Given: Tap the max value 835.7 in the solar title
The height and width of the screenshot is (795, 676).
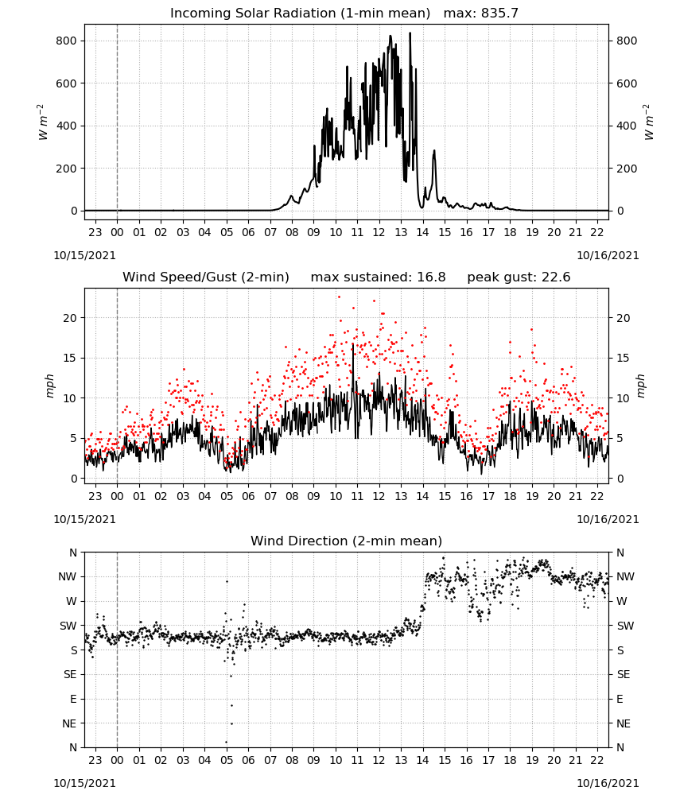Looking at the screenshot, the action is click(x=499, y=13).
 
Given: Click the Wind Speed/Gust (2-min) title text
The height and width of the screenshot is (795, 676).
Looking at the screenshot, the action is click(x=206, y=277).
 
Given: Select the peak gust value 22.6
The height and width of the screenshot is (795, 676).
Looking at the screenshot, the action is click(x=556, y=277).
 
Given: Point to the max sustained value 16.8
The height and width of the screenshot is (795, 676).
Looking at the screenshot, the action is click(x=431, y=277).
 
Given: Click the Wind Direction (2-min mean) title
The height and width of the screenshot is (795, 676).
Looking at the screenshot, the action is click(x=347, y=541).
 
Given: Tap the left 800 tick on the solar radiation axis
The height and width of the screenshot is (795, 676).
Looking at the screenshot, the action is click(x=67, y=41).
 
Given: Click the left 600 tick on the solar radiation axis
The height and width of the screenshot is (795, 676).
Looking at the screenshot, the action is click(x=67, y=83).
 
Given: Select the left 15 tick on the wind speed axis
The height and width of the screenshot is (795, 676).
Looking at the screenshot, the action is click(x=71, y=358).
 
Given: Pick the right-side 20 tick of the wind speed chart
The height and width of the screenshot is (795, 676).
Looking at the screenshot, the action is click(x=624, y=318).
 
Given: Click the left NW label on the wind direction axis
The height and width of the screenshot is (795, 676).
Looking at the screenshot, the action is click(x=68, y=576).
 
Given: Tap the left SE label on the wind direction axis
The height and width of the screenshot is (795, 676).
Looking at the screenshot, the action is click(x=70, y=674).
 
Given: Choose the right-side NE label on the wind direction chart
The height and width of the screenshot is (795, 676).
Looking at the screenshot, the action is click(x=624, y=723).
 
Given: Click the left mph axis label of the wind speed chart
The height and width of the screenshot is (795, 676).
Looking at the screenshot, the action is click(x=49, y=386).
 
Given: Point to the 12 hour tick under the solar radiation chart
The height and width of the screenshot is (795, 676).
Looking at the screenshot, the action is click(x=379, y=232).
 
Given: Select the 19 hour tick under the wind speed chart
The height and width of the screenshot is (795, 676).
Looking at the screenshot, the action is click(x=532, y=496).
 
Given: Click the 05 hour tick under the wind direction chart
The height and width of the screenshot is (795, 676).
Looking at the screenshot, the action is click(x=226, y=760).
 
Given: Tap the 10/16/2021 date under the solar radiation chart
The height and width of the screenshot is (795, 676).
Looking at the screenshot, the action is click(x=608, y=255).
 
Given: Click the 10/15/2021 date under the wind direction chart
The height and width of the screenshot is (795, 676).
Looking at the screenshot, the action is click(x=84, y=783).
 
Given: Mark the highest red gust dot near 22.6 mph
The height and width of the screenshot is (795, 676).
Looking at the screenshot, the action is click(x=339, y=297).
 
